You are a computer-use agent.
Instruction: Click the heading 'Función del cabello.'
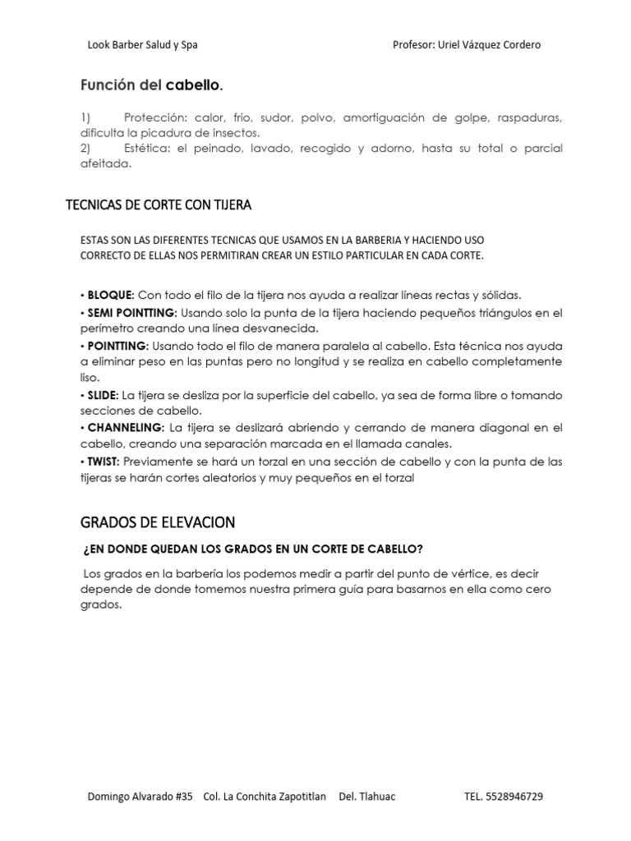pos(151,85)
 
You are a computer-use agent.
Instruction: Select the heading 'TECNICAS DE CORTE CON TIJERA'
pos(159,205)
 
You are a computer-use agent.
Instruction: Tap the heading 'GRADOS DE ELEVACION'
pos(158,522)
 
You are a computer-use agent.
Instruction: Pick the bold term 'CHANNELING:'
pos(124,428)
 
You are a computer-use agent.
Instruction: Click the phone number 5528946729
pos(514,797)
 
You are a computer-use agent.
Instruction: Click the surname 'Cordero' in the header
pos(519,45)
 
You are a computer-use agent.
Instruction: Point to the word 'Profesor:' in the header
pos(412,45)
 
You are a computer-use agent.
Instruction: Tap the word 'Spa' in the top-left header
pos(189,45)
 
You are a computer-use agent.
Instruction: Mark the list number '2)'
pos(85,149)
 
